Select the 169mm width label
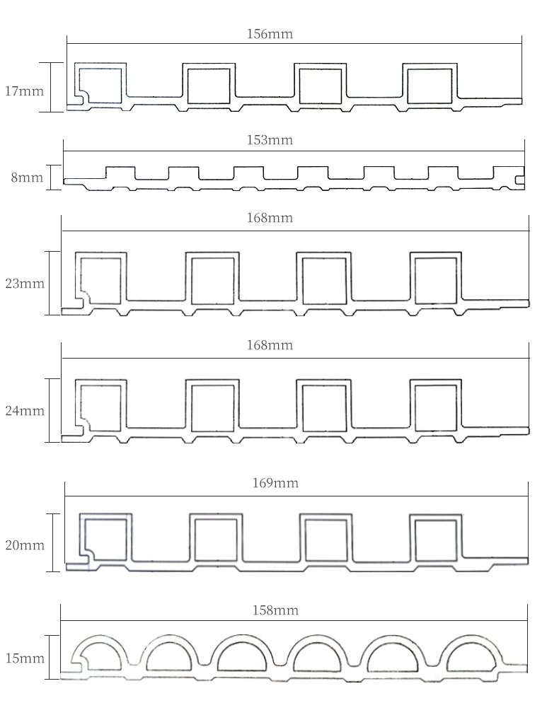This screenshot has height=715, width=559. [275, 483]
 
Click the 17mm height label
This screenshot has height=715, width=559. [24, 91]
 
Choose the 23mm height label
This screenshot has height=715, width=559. [24, 284]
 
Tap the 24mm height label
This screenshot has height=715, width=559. [24, 410]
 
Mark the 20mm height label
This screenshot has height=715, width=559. [24, 545]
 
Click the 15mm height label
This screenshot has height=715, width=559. [24, 658]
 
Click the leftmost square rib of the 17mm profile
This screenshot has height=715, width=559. [102, 86]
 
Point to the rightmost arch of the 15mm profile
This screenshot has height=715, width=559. [469, 653]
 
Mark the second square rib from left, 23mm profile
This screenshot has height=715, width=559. [212, 279]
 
